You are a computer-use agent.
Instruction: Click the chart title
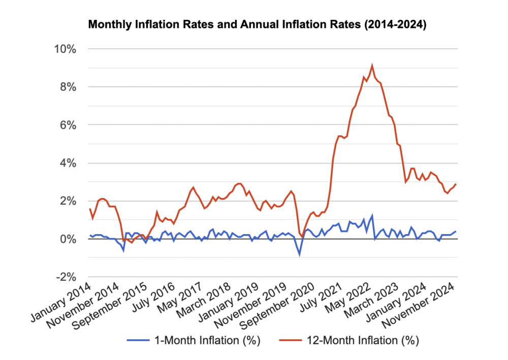point(257,24)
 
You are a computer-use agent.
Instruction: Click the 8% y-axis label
point(68,87)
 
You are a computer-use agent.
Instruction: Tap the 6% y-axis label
point(68,125)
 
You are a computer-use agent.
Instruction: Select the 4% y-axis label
point(68,163)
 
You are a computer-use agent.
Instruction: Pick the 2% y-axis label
point(68,201)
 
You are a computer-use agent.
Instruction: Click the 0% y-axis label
point(68,239)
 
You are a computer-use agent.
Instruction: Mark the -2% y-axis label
point(66,277)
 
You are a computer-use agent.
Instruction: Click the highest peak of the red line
point(372,65)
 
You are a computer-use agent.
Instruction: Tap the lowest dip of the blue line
point(299,254)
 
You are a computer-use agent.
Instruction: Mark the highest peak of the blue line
point(372,216)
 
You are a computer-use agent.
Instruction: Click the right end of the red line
point(456,184)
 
